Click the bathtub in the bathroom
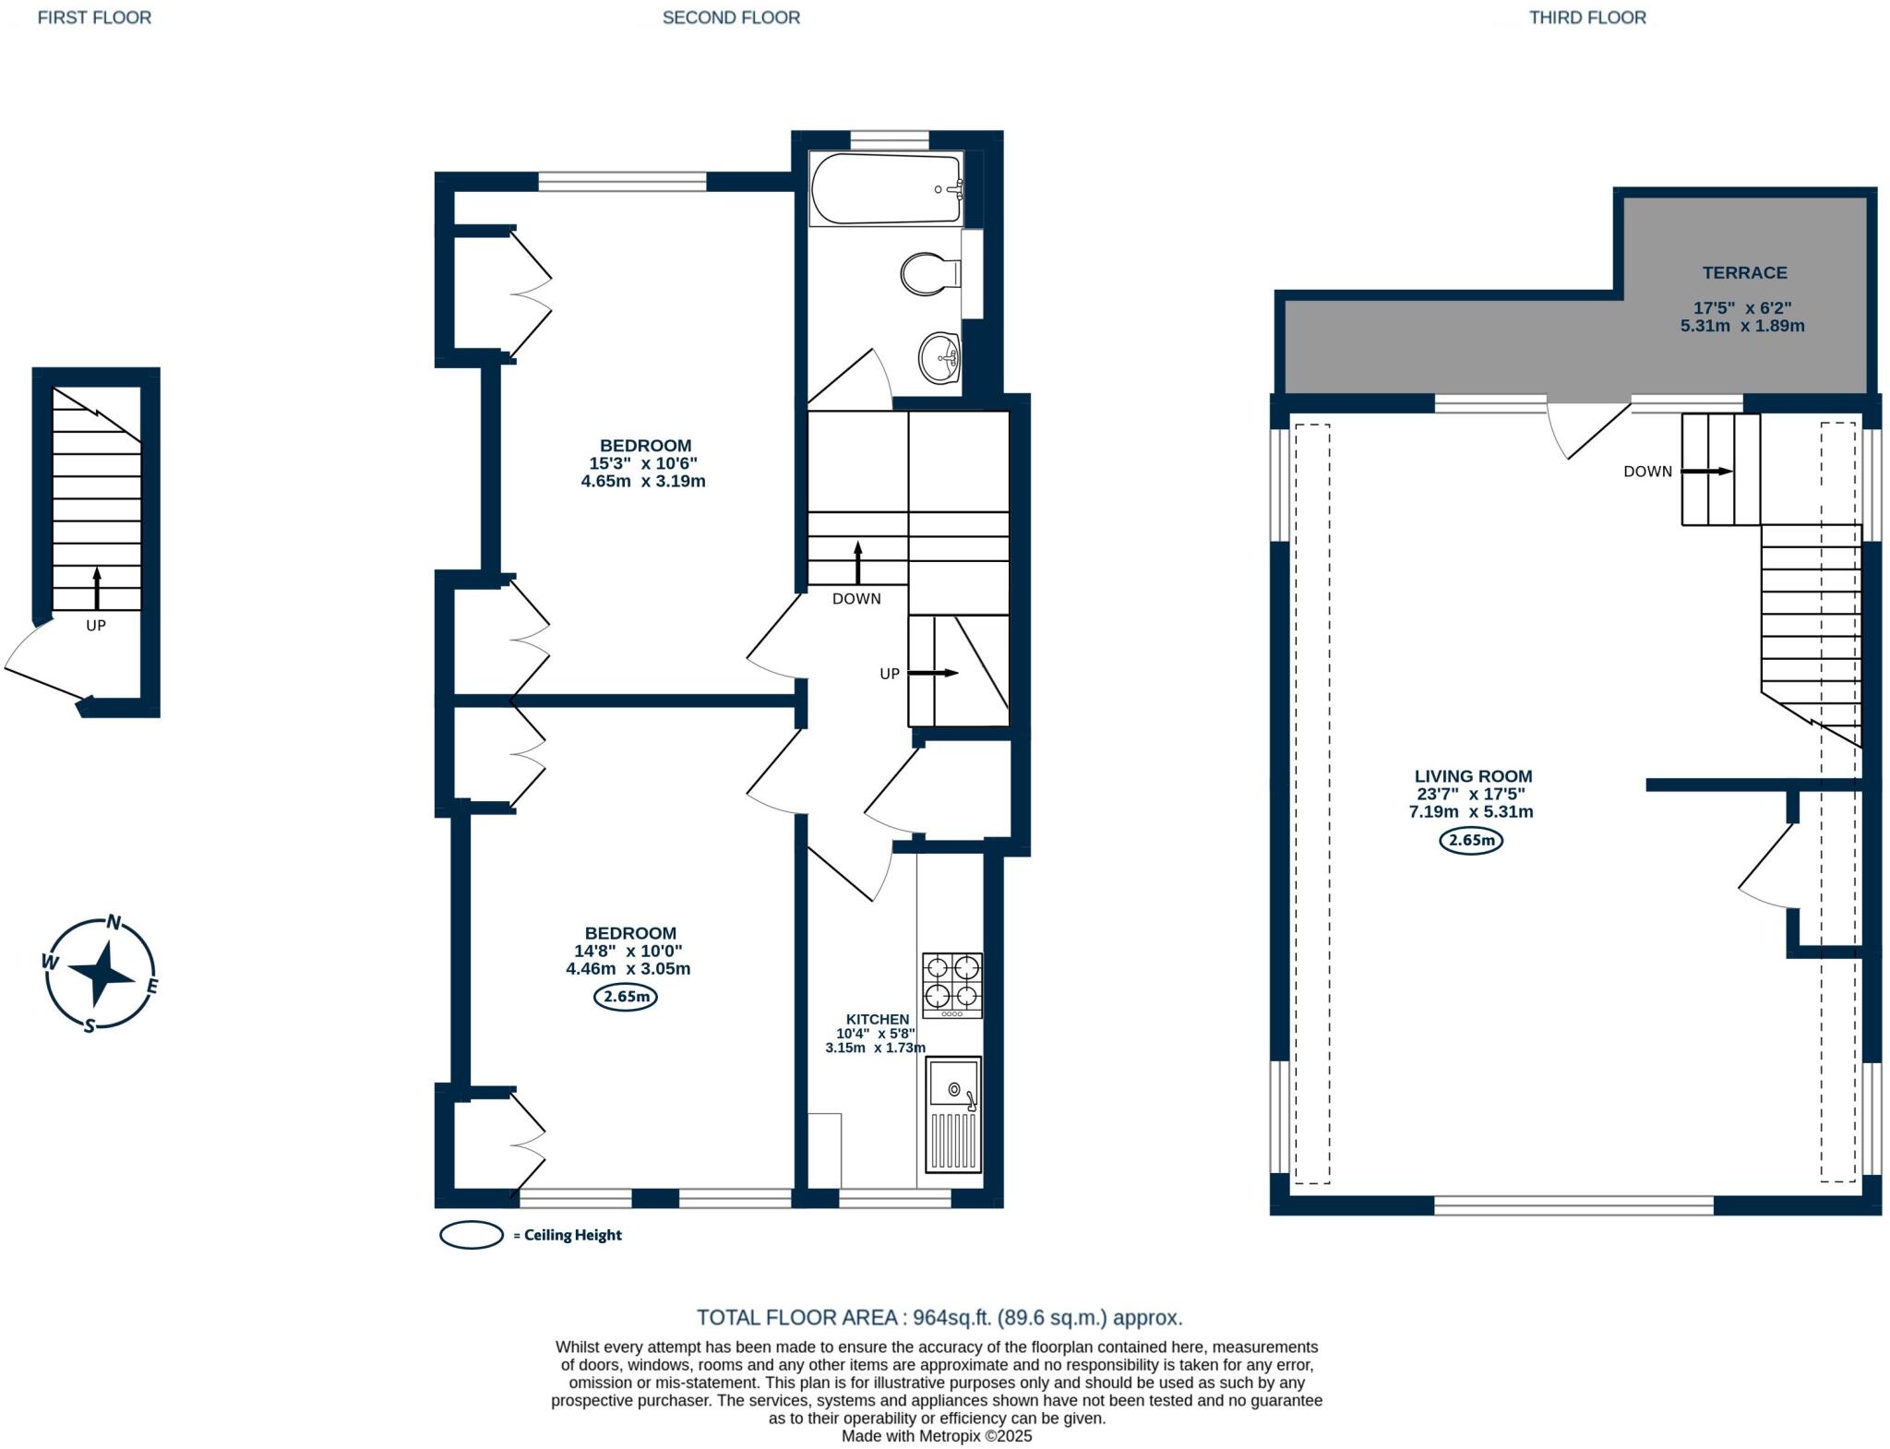[x=886, y=189]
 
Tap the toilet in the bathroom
[x=930, y=274]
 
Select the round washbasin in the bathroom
[x=939, y=357]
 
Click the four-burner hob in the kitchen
[x=951, y=986]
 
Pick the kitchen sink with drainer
[x=953, y=1115]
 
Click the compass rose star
[x=102, y=973]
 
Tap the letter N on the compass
[x=114, y=921]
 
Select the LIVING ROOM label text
[x=1473, y=776]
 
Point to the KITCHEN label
[x=878, y=1019]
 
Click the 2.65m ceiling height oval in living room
[x=1471, y=840]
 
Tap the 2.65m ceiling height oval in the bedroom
[x=625, y=997]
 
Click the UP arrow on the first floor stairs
[x=97, y=588]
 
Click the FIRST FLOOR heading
[x=94, y=18]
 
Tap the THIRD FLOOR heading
[x=1587, y=18]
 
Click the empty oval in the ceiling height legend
[x=472, y=1235]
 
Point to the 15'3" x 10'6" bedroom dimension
[x=643, y=463]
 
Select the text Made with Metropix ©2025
[x=937, y=1437]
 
